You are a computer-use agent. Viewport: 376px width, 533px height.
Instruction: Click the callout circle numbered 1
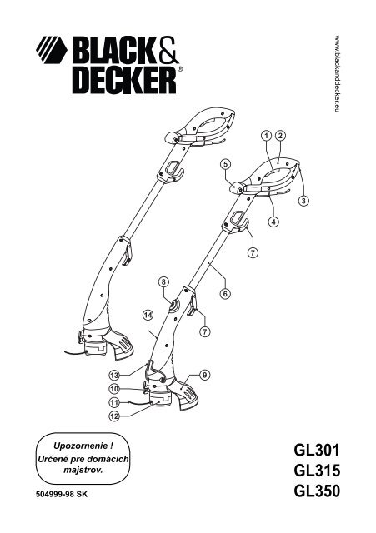coord(267,136)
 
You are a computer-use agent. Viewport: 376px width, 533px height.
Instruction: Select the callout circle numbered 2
coord(280,136)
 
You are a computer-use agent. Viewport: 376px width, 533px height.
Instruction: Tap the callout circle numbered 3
coord(303,201)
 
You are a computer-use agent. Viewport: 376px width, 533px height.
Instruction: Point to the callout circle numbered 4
coord(273,222)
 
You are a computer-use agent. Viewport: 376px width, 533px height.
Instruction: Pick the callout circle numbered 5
coord(225,164)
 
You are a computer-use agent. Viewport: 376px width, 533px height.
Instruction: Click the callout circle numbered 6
coord(225,293)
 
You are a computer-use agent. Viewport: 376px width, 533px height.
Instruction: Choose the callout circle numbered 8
coord(163,281)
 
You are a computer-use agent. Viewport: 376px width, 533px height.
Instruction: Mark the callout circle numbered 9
coord(204,376)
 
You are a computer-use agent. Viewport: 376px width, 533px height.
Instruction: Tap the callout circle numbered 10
coord(114,389)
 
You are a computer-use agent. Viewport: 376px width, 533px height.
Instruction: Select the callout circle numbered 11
coord(114,402)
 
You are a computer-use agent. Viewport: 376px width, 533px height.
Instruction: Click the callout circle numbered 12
coord(114,416)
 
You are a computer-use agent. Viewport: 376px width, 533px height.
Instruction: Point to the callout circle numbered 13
coord(114,376)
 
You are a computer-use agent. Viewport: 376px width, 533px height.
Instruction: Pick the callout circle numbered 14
coord(148,316)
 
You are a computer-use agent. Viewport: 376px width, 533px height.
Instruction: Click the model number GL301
coord(317,451)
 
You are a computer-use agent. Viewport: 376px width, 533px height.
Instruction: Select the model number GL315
coord(317,471)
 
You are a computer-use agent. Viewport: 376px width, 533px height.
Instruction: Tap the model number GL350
coord(317,491)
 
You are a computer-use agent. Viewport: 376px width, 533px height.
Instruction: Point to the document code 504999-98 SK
coord(62,494)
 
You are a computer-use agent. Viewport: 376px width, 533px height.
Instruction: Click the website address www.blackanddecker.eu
coord(337,73)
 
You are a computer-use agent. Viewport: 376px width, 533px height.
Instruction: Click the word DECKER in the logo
coord(124,81)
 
